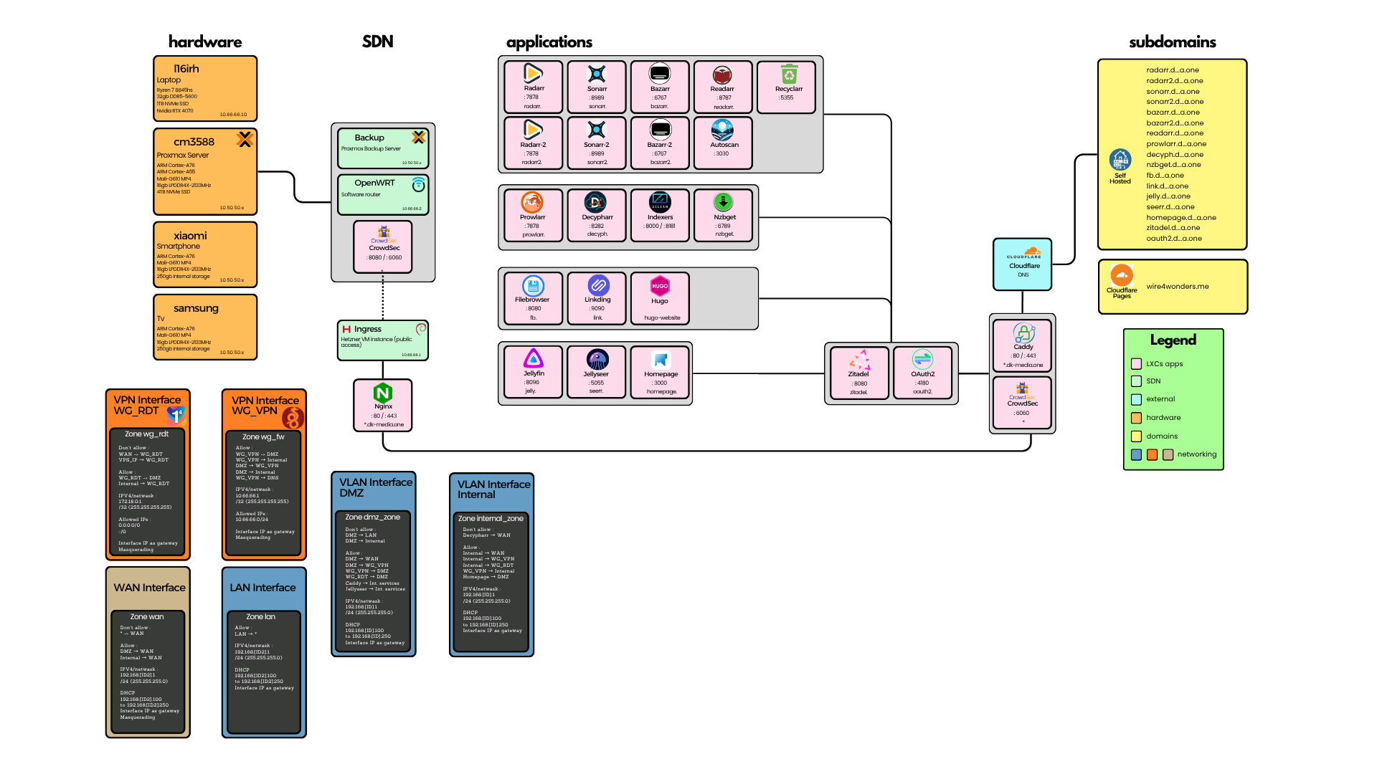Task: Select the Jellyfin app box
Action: click(x=533, y=372)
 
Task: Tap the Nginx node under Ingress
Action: click(x=383, y=406)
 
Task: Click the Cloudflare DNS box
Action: click(x=1023, y=264)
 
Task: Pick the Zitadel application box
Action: click(x=858, y=373)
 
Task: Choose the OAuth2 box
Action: click(x=922, y=373)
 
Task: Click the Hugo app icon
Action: click(x=660, y=286)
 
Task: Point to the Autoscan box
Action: click(x=723, y=143)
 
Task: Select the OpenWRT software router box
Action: click(x=383, y=194)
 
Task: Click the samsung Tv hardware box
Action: click(x=205, y=327)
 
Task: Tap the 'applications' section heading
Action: click(x=549, y=42)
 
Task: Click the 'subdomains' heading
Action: click(x=1173, y=42)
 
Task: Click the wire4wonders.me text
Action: click(x=1178, y=287)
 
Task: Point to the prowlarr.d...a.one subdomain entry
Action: click(x=1176, y=144)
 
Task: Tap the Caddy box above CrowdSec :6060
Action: click(x=1023, y=345)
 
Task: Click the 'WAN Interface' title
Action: click(x=149, y=588)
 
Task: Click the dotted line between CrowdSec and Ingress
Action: click(x=383, y=297)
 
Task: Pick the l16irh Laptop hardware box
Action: click(x=205, y=88)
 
